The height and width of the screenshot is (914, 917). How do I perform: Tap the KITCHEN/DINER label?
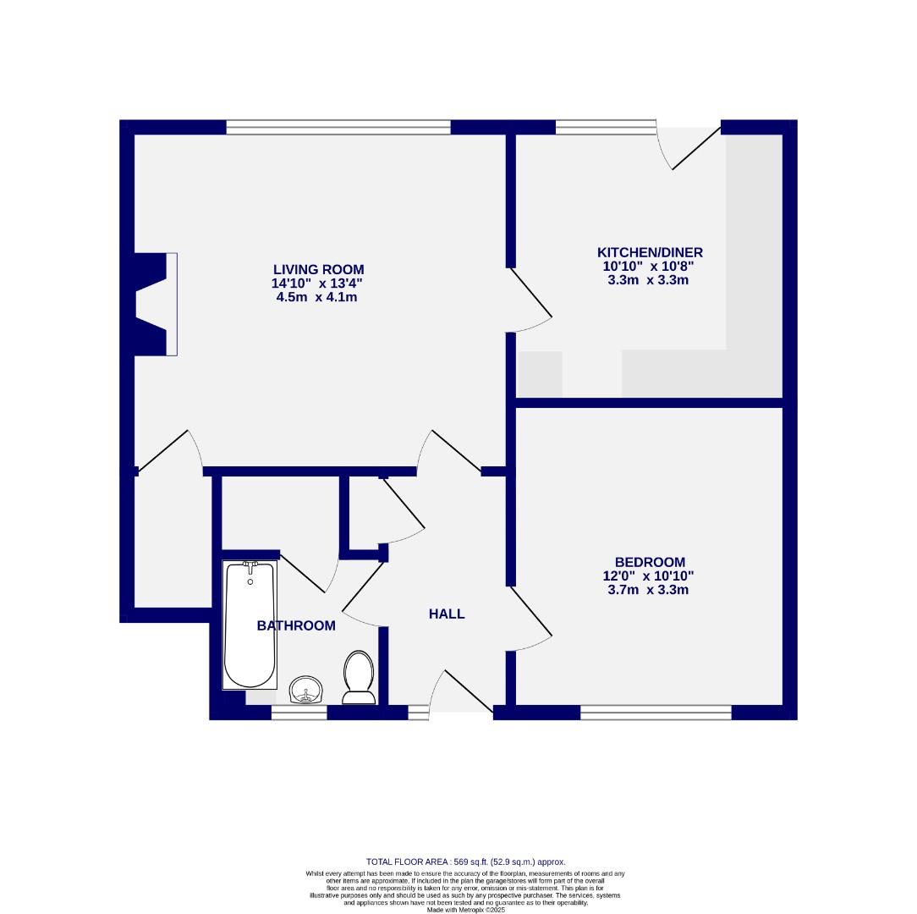pos(650,252)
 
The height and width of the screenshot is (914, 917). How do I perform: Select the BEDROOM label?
pos(650,562)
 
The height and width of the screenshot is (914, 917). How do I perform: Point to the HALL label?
pos(447,614)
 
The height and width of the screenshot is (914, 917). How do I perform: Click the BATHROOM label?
pos(296,625)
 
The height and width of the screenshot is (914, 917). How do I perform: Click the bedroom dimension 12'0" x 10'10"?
pos(650,575)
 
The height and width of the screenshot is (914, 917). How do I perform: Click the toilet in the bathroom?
pos(359,676)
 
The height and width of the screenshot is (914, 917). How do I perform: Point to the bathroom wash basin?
pos(305,690)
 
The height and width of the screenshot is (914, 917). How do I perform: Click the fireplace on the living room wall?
pos(157,304)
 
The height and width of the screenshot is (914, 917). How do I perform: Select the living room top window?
pos(338,127)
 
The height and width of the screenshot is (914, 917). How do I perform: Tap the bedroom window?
pos(656,713)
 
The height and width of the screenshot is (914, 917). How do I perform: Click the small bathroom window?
pos(299,713)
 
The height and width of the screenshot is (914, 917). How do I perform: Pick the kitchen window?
pos(606,127)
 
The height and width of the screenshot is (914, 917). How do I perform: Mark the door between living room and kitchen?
pos(531,296)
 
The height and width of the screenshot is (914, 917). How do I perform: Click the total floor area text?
pos(465,862)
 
